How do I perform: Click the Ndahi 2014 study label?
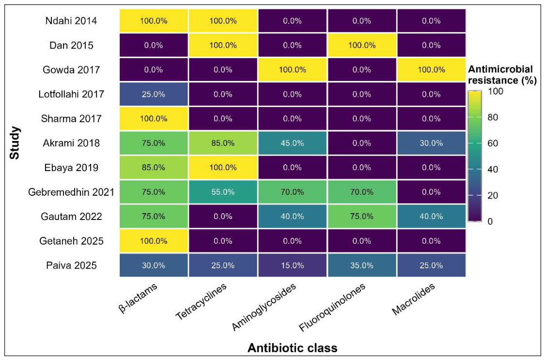[x=71, y=21]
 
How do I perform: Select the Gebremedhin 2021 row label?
[x=71, y=192]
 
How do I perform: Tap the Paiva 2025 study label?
[x=71, y=266]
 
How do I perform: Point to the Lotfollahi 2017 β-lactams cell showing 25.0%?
[x=154, y=94]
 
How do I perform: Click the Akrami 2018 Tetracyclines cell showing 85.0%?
[x=223, y=143]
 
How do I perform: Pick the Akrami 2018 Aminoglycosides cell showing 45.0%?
[x=292, y=143]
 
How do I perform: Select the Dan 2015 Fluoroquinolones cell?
[x=361, y=45]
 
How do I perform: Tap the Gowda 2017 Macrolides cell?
[x=431, y=70]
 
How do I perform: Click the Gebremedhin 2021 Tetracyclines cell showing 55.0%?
[x=223, y=192]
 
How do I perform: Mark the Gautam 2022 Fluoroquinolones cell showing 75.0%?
[x=361, y=217]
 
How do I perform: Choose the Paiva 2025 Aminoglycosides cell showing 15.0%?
[x=292, y=266]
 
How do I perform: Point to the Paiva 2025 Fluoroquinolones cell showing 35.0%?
[x=361, y=266]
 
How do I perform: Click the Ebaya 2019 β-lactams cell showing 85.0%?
[x=154, y=168]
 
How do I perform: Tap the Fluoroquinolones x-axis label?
[x=332, y=307]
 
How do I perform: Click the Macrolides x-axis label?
[x=414, y=299]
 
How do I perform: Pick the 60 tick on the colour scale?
[x=490, y=143]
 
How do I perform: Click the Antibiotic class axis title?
[x=292, y=348]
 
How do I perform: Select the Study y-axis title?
[x=15, y=143]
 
